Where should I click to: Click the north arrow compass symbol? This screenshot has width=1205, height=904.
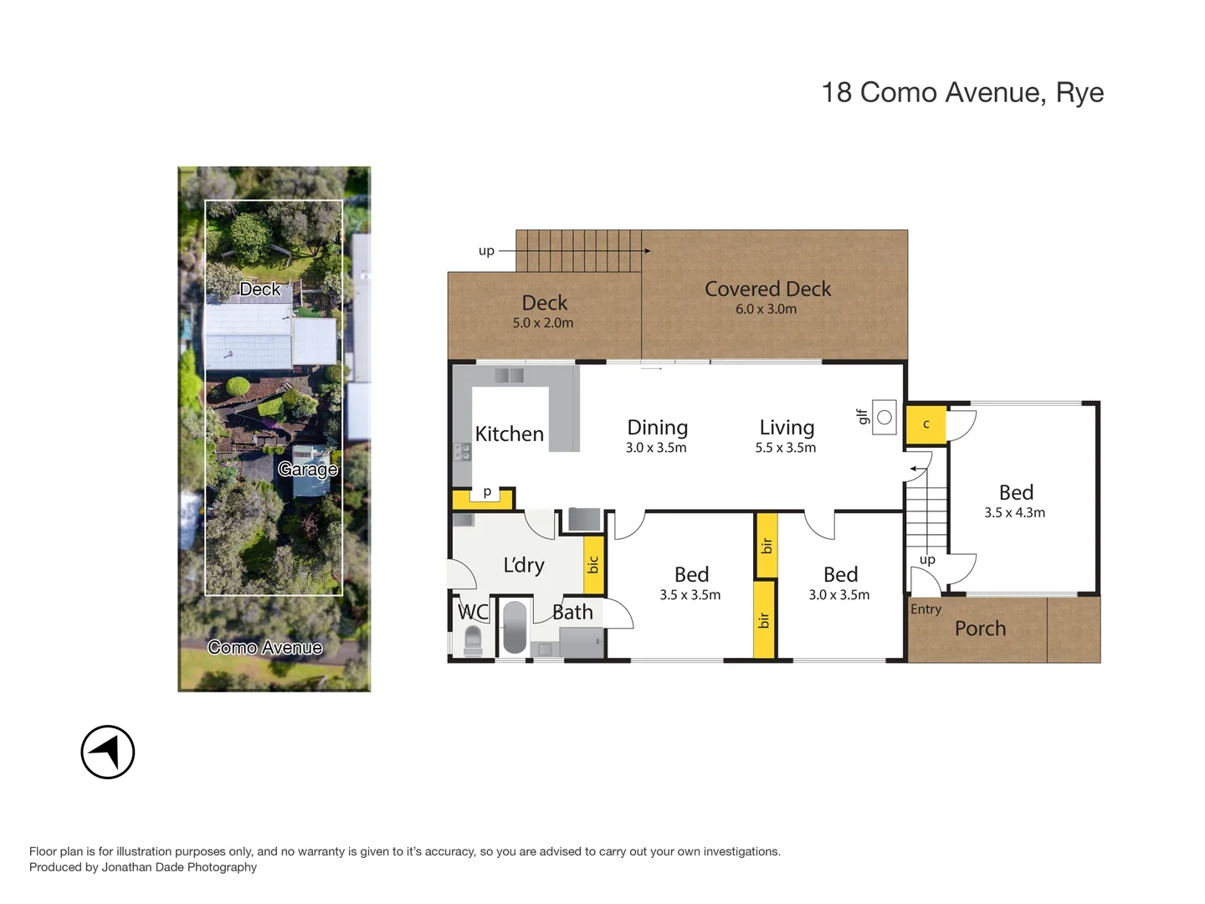pos(108,752)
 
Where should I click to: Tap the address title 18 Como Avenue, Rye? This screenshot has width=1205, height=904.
pos(962,92)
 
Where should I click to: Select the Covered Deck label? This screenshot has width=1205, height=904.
pos(767,289)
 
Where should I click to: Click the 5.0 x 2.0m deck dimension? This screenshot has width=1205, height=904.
pos(543,323)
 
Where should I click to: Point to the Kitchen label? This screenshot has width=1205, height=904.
pos(509,434)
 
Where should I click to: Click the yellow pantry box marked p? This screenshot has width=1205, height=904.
pos(483,499)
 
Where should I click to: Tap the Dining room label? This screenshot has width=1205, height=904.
pos(657,428)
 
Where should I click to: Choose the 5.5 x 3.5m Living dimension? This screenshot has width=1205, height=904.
pos(785,448)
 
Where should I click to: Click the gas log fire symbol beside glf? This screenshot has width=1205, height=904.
pos(885,417)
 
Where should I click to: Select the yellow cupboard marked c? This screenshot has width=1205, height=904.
pos(926,424)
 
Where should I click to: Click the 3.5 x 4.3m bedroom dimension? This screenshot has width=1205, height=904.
pos(1014,512)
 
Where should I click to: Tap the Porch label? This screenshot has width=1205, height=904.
pos(980,629)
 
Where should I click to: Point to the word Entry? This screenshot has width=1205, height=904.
pos(926,609)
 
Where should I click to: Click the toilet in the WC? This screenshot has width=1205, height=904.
pos(473,642)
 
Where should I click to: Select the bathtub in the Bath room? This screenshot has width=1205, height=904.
pos(515,627)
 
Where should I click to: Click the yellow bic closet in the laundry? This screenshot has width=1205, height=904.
pos(593,565)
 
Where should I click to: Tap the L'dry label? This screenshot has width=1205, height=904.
pos(524,565)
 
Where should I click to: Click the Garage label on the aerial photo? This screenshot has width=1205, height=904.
pos(308,470)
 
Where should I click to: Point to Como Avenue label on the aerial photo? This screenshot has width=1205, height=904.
pos(264,647)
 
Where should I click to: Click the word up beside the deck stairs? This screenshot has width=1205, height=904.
pos(486,250)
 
